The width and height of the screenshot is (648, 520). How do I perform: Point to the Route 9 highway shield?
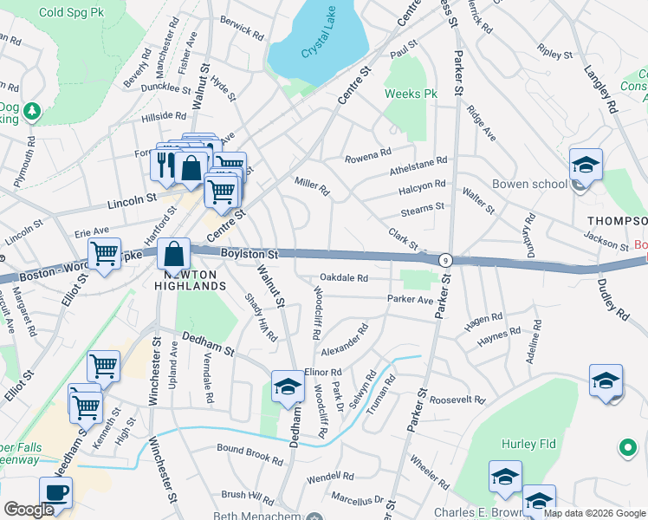tap(445, 259)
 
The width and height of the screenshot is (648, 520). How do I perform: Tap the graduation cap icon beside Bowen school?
tap(586, 165)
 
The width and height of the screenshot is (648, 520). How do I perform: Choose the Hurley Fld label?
tap(526, 444)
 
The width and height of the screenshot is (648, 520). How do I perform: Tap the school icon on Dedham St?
tap(288, 387)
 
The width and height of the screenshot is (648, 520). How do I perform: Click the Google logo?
tap(29, 510)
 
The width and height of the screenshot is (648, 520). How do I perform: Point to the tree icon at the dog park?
tap(32, 111)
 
